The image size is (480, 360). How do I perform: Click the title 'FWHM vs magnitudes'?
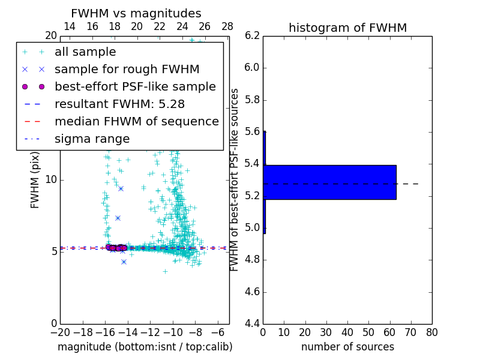coord(136,13)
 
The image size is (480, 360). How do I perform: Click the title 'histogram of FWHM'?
coord(347,28)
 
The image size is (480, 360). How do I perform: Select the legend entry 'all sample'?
coord(85,52)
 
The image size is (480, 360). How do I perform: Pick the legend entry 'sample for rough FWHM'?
coord(127,70)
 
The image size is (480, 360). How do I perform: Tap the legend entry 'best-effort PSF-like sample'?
coord(135,87)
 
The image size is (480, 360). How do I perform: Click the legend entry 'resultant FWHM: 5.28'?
coord(119,104)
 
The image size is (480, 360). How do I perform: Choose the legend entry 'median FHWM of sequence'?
coord(136,122)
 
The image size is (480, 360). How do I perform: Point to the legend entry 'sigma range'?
coord(92,139)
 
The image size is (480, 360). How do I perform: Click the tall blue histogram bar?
coord(330,182)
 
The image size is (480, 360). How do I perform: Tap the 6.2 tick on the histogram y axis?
coord(251,35)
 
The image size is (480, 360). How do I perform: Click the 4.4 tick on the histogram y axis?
coord(251,324)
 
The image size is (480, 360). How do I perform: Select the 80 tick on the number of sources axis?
coord(432,332)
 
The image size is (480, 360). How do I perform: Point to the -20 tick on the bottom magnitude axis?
coord(60,332)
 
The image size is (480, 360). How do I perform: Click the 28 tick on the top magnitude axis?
coord(227,27)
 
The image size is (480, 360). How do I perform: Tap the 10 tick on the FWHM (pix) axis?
coord(51,179)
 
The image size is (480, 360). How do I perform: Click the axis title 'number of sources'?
coord(347,347)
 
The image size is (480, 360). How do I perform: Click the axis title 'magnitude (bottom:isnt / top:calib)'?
coord(145,347)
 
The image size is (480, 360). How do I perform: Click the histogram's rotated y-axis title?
coord(235,179)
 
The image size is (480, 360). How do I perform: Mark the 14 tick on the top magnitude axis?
coord(70,27)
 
